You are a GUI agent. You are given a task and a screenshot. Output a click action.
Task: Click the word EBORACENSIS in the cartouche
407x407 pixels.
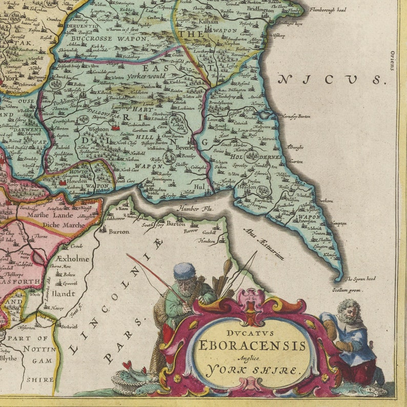251,345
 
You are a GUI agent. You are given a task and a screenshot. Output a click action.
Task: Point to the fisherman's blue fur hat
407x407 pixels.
184,271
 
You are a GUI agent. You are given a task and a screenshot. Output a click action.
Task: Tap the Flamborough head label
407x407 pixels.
328,10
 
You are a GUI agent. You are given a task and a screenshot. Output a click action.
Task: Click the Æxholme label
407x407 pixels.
73,259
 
